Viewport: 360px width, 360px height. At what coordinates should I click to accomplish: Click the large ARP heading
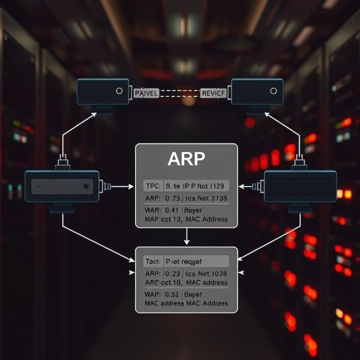tap(186, 160)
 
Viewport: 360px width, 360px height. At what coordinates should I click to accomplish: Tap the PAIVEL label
tap(147, 93)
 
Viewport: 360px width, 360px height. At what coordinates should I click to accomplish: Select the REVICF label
tap(213, 93)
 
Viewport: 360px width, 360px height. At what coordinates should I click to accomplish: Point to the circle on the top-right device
tap(273, 91)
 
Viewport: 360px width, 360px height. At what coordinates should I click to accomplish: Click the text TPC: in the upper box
tap(153, 187)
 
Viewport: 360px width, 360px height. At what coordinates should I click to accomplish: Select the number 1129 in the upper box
tap(217, 187)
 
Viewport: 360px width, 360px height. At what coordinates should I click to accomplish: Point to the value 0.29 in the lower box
tap(172, 273)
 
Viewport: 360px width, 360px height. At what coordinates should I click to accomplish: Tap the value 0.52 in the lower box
tap(172, 294)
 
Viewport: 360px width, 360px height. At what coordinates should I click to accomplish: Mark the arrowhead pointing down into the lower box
tap(187, 242)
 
